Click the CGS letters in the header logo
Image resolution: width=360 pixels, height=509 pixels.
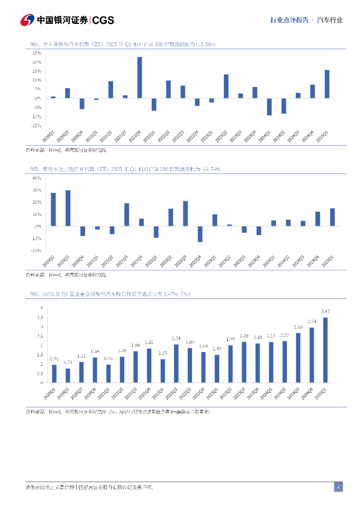click(x=103, y=20)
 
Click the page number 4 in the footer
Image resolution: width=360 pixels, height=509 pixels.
click(x=338, y=487)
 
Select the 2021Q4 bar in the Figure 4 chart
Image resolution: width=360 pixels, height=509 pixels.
click(x=139, y=78)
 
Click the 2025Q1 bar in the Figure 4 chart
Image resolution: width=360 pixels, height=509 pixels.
click(x=327, y=84)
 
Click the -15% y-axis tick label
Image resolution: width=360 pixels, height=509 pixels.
click(x=35, y=126)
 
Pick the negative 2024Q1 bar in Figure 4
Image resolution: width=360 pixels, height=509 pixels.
click(x=269, y=106)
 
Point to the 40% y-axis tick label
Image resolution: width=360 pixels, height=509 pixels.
click(x=36, y=177)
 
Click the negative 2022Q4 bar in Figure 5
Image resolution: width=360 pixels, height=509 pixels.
click(x=200, y=234)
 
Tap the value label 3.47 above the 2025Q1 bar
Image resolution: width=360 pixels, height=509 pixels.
click(x=326, y=312)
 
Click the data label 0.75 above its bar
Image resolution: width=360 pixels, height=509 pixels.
click(x=68, y=362)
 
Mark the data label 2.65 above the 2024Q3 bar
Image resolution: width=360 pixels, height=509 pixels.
click(x=298, y=327)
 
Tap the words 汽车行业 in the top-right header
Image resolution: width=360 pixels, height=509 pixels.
click(x=330, y=20)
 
